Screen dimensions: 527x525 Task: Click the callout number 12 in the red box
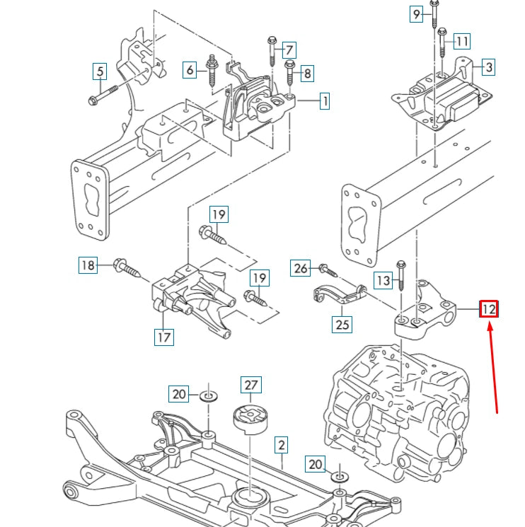(x=489, y=309)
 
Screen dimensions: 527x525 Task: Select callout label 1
(x=324, y=101)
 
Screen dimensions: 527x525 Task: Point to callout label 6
(x=190, y=69)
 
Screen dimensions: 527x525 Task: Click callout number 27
(x=251, y=386)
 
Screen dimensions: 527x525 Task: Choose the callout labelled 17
(x=163, y=337)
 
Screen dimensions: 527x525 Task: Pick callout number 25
(x=342, y=325)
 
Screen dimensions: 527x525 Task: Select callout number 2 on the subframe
(x=281, y=445)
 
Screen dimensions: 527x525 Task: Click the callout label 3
(x=488, y=67)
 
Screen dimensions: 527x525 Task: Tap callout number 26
(x=301, y=268)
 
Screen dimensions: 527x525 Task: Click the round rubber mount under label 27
(x=251, y=421)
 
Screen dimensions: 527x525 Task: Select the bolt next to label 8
(x=289, y=77)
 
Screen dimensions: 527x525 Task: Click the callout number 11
(x=461, y=42)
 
